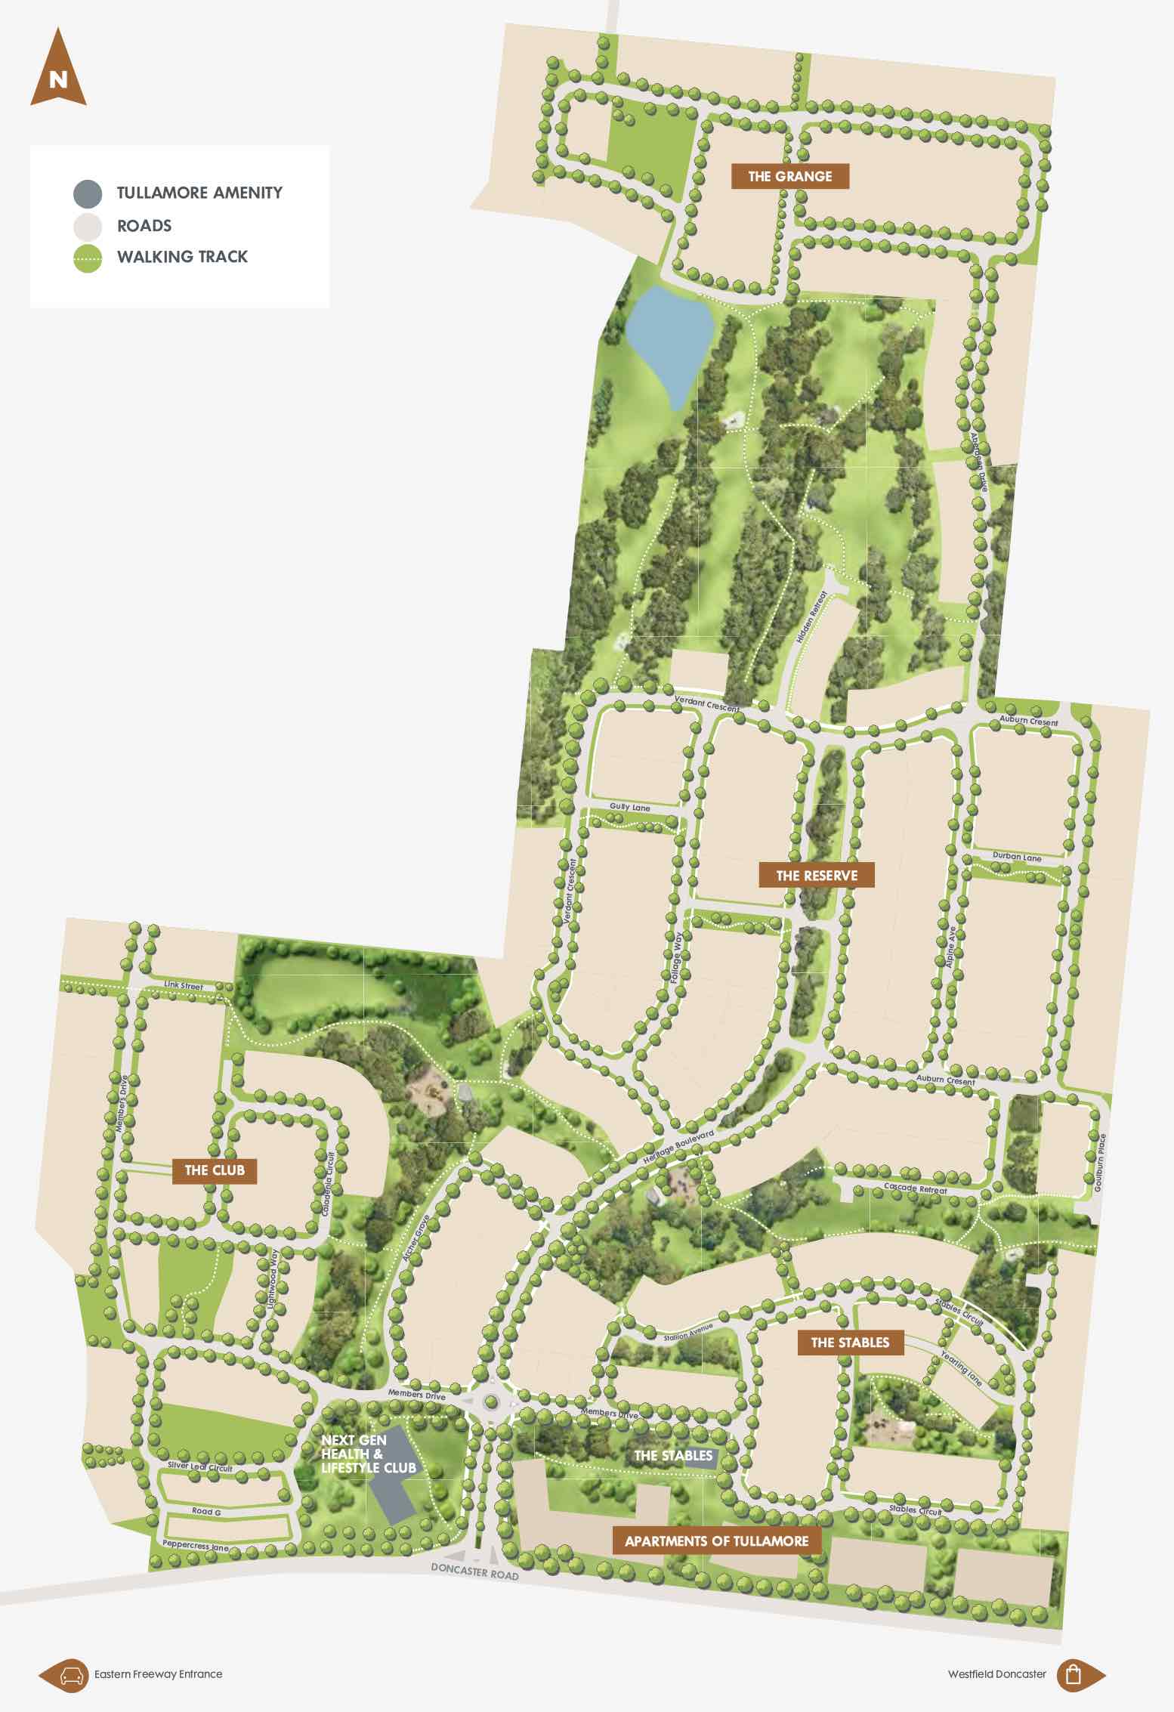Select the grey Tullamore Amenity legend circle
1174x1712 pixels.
point(88,194)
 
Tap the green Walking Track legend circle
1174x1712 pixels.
point(88,258)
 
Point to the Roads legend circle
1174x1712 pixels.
point(88,227)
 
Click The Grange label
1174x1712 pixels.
point(789,177)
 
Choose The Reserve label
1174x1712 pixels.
point(817,876)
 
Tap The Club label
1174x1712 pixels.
point(215,1170)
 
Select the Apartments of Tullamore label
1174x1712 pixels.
point(716,1541)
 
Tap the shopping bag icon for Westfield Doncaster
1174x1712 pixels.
point(1073,1674)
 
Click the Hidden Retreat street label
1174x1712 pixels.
point(811,617)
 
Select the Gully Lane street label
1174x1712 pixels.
point(629,808)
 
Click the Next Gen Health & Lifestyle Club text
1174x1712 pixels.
point(368,1454)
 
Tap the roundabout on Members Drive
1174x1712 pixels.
point(492,1403)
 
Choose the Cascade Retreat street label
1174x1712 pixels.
point(915,1189)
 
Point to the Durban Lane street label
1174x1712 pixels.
point(1017,858)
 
